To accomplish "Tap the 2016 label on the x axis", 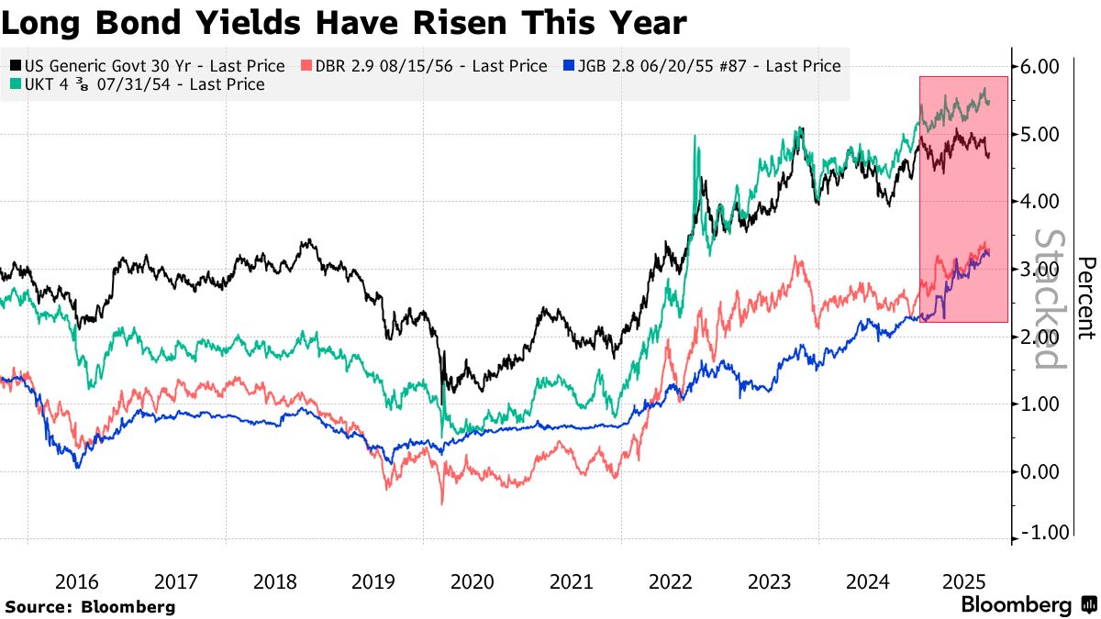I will pyautogui.click(x=77, y=581).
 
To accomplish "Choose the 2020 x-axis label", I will pyautogui.click(x=473, y=581).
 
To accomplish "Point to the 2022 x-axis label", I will pyautogui.click(x=671, y=581).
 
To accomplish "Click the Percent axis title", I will pyautogui.click(x=1086, y=297).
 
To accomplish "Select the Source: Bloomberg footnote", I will pyautogui.click(x=90, y=606).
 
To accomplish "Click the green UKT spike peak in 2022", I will pyautogui.click(x=695, y=137).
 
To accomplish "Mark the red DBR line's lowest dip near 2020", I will pyautogui.click(x=442, y=503).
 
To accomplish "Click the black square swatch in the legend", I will pyautogui.click(x=15, y=66).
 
